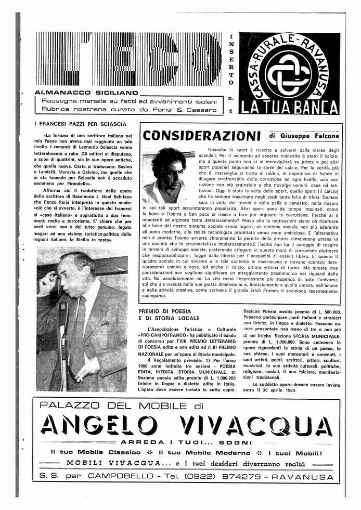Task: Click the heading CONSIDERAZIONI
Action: pyautogui.click(x=201, y=136)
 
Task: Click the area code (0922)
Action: pyautogui.click(x=199, y=476)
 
